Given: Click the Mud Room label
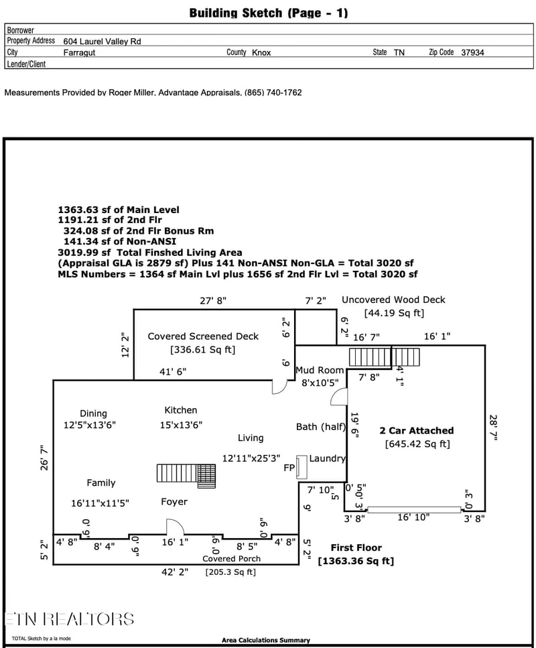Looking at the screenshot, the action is pos(320,370).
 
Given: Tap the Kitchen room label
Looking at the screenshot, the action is pos(181,410).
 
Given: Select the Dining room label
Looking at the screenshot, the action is pos(93,413).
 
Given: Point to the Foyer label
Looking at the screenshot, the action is pos(174,502).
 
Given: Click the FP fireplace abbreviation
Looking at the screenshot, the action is pos(289,467).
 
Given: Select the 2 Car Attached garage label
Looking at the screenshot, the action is pos(417,431).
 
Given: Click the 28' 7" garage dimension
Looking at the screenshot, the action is pos(493,428).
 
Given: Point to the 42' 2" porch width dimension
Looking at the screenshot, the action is pos(175,572).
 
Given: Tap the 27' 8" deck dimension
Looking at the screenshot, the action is pos(213,300).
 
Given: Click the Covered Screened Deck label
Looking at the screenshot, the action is pos(203,336).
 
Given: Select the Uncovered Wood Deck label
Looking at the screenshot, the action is pos(393,300).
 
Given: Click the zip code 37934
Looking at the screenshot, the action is pos(472,52).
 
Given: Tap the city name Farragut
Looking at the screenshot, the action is pos(79,52).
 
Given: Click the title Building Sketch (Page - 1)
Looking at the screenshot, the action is pos(269,13).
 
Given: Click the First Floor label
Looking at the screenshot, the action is pos(356,547).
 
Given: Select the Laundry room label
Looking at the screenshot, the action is pos(328,458).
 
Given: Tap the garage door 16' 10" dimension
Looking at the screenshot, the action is pos(413,517).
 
